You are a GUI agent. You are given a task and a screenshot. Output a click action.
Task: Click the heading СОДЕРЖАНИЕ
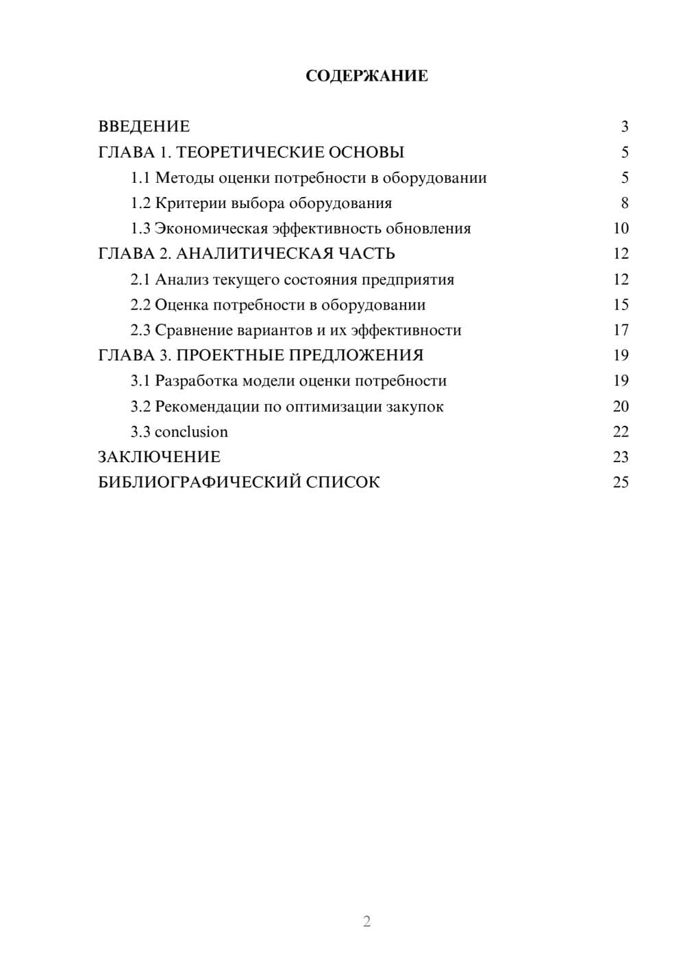coord(366,76)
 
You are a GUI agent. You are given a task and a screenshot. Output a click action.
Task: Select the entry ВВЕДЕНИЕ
coord(144,127)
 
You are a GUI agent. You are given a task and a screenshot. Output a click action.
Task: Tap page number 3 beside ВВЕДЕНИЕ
coord(624,127)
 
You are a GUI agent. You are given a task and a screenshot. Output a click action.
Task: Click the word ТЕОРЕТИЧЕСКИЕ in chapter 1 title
coord(248,152)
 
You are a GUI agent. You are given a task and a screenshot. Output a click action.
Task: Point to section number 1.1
coord(140,178)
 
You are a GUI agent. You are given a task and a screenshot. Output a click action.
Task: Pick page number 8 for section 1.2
coord(624,203)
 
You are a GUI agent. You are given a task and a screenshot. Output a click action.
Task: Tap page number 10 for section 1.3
coord(621,229)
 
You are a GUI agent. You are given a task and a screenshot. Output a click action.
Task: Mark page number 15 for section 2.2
coord(621,305)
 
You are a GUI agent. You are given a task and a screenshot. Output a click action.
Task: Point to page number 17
coord(621,330)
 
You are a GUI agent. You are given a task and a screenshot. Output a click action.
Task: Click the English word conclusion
coord(191,432)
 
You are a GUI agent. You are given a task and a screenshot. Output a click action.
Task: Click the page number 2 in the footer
coord(366,921)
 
